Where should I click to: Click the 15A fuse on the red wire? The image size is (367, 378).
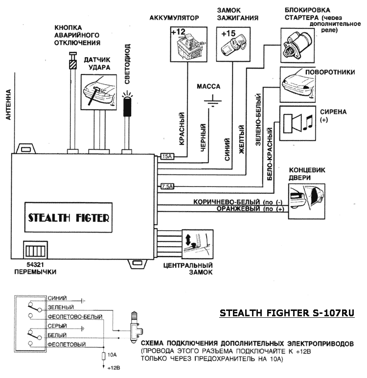click(167, 157)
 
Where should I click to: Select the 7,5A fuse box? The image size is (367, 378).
click(167, 187)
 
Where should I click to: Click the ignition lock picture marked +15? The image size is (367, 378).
click(233, 44)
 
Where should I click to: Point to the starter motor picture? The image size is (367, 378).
click(298, 46)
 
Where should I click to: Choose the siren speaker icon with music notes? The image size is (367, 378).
click(298, 123)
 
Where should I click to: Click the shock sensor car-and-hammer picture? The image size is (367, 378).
click(99, 92)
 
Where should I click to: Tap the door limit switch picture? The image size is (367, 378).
click(307, 201)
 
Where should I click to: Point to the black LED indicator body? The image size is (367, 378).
click(127, 107)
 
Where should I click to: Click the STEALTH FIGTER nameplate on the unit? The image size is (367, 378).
click(69, 217)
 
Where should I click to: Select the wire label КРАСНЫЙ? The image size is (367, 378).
click(182, 128)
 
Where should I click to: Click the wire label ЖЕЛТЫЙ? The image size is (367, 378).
click(241, 139)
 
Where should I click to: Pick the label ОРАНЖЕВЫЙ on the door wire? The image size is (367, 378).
click(238, 209)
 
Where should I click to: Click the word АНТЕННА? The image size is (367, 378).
click(8, 105)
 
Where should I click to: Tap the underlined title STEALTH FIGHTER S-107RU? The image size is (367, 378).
click(287, 313)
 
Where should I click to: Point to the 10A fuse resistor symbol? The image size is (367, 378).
click(104, 356)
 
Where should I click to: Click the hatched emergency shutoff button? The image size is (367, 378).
click(73, 64)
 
